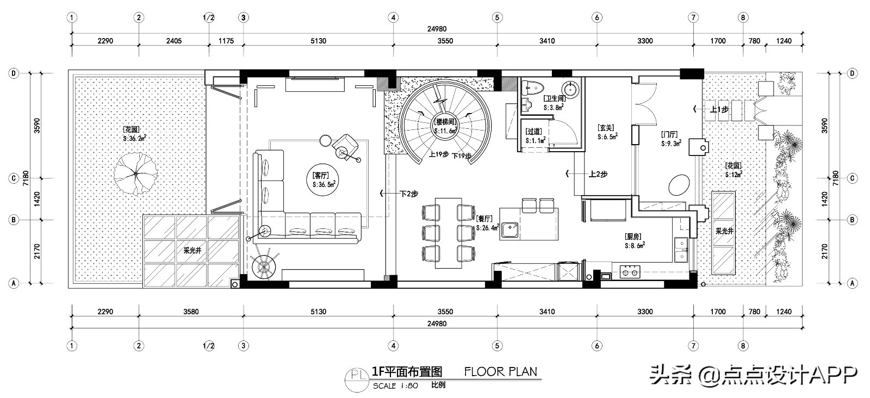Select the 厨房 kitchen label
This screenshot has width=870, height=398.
[x=633, y=237]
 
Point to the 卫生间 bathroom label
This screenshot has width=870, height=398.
[x=554, y=98]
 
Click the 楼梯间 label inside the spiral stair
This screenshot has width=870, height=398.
[x=445, y=121]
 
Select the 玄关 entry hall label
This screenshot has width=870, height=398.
[x=606, y=128]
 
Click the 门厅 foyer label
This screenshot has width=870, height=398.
[x=669, y=134]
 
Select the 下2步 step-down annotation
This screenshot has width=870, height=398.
[x=408, y=193]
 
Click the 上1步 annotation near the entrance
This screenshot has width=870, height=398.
[x=719, y=109]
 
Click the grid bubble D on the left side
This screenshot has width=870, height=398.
[x=13, y=73]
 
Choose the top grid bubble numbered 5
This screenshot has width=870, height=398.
[x=496, y=17]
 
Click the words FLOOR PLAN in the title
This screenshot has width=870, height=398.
[x=500, y=372]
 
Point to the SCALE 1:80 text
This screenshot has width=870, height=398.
[x=395, y=385]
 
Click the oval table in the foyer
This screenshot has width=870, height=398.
[x=678, y=185]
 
